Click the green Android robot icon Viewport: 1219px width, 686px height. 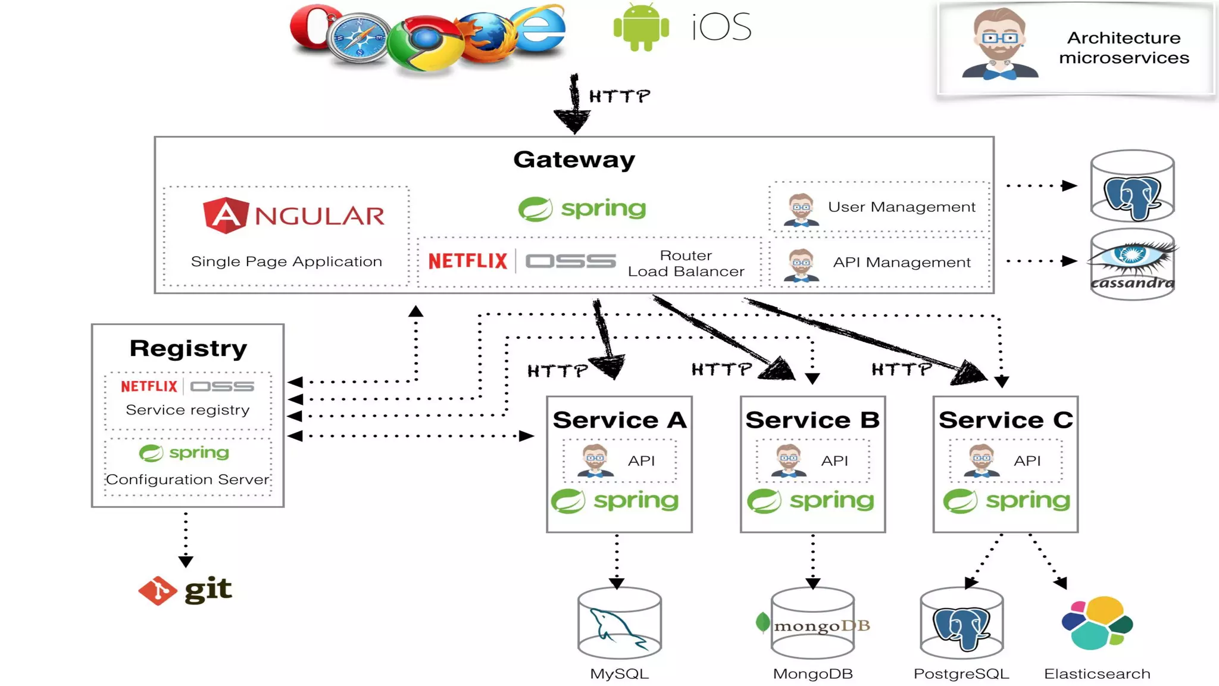coord(641,27)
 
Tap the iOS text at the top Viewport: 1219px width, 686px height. coord(721,27)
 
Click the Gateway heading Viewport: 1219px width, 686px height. coord(574,160)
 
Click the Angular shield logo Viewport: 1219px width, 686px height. coord(225,215)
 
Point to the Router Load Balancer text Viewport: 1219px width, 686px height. coord(686,263)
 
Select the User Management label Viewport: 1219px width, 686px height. coord(901,207)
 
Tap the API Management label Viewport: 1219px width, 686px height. coord(901,263)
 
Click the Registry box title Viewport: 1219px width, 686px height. coord(188,348)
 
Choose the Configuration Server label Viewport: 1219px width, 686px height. coord(187,479)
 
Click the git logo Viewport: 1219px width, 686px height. coord(185,590)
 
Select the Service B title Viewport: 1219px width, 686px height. coord(812,420)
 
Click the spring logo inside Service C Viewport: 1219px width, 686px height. coord(1006,501)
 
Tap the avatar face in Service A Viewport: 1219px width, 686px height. coord(595,460)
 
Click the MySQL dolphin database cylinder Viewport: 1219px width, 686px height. coord(619,623)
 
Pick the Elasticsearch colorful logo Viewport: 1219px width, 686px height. coord(1097,623)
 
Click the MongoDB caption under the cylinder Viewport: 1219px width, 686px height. coord(812,674)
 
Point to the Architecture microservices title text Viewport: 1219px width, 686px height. coord(1123,48)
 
